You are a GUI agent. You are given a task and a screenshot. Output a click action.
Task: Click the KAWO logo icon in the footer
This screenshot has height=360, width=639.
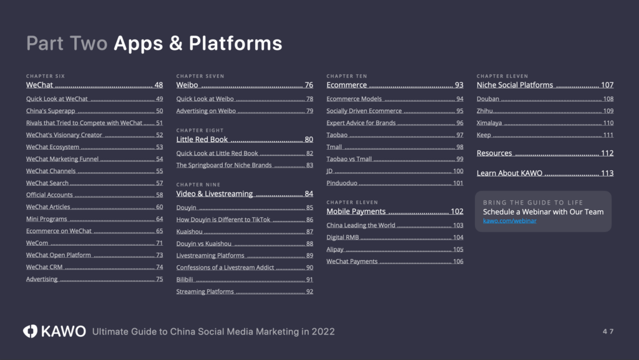click(x=30, y=331)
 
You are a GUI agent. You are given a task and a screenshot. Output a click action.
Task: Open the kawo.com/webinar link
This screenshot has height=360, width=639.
click(x=509, y=221)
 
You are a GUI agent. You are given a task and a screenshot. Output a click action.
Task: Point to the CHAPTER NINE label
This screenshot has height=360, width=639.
click(x=198, y=185)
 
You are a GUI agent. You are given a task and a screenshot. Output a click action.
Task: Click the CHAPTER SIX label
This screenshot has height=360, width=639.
click(x=45, y=76)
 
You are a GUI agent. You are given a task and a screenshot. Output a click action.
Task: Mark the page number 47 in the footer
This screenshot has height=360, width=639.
click(x=608, y=331)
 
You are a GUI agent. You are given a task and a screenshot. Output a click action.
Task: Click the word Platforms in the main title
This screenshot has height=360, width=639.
click(x=235, y=43)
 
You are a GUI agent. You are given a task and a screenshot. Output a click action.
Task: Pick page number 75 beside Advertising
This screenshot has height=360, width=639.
click(x=159, y=280)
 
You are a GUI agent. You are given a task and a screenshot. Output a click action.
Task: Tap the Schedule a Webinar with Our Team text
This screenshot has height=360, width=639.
click(x=544, y=212)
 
